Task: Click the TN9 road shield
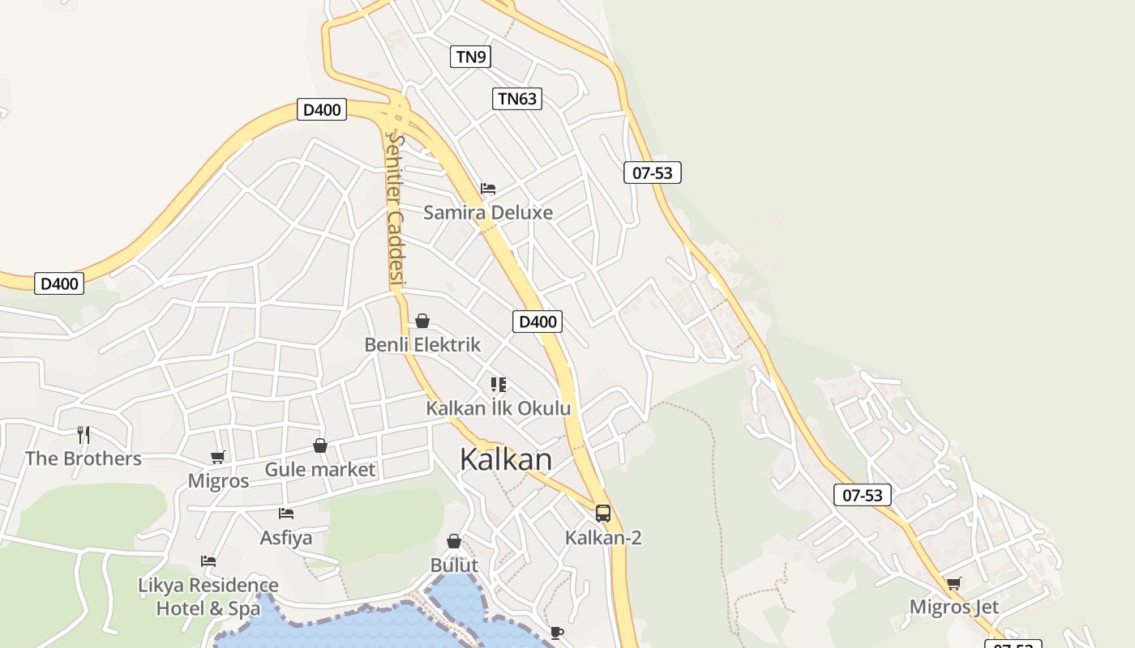pyautogui.click(x=471, y=57)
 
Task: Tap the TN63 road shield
pyautogui.click(x=516, y=99)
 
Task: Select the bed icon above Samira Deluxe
pyautogui.click(x=488, y=189)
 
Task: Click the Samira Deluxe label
pyautogui.click(x=488, y=213)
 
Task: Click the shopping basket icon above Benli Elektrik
pyautogui.click(x=422, y=322)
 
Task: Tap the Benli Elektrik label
pyautogui.click(x=422, y=345)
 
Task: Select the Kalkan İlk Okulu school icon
pyautogui.click(x=499, y=385)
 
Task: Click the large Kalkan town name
pyautogui.click(x=505, y=459)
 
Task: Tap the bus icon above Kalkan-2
pyautogui.click(x=602, y=513)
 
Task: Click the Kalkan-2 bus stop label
pyautogui.click(x=603, y=537)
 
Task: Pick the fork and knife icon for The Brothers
pyautogui.click(x=84, y=435)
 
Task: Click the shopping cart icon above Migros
pyautogui.click(x=217, y=458)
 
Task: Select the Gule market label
pyautogui.click(x=320, y=470)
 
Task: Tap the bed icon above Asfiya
pyautogui.click(x=285, y=514)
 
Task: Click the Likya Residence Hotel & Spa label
pyautogui.click(x=208, y=596)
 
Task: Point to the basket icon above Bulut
pyautogui.click(x=454, y=541)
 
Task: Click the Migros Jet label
pyautogui.click(x=953, y=607)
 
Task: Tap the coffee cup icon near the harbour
pyautogui.click(x=556, y=633)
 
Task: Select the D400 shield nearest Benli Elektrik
pyautogui.click(x=537, y=322)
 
